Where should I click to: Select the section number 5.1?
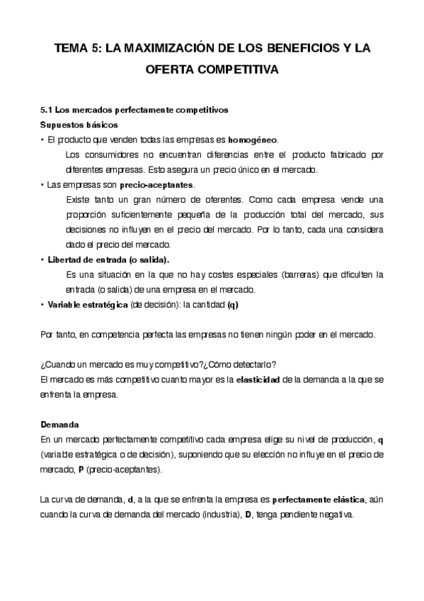[47, 111]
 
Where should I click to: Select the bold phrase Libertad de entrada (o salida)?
[108, 259]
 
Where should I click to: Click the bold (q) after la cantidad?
[232, 304]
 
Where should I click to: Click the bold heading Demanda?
[59, 425]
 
